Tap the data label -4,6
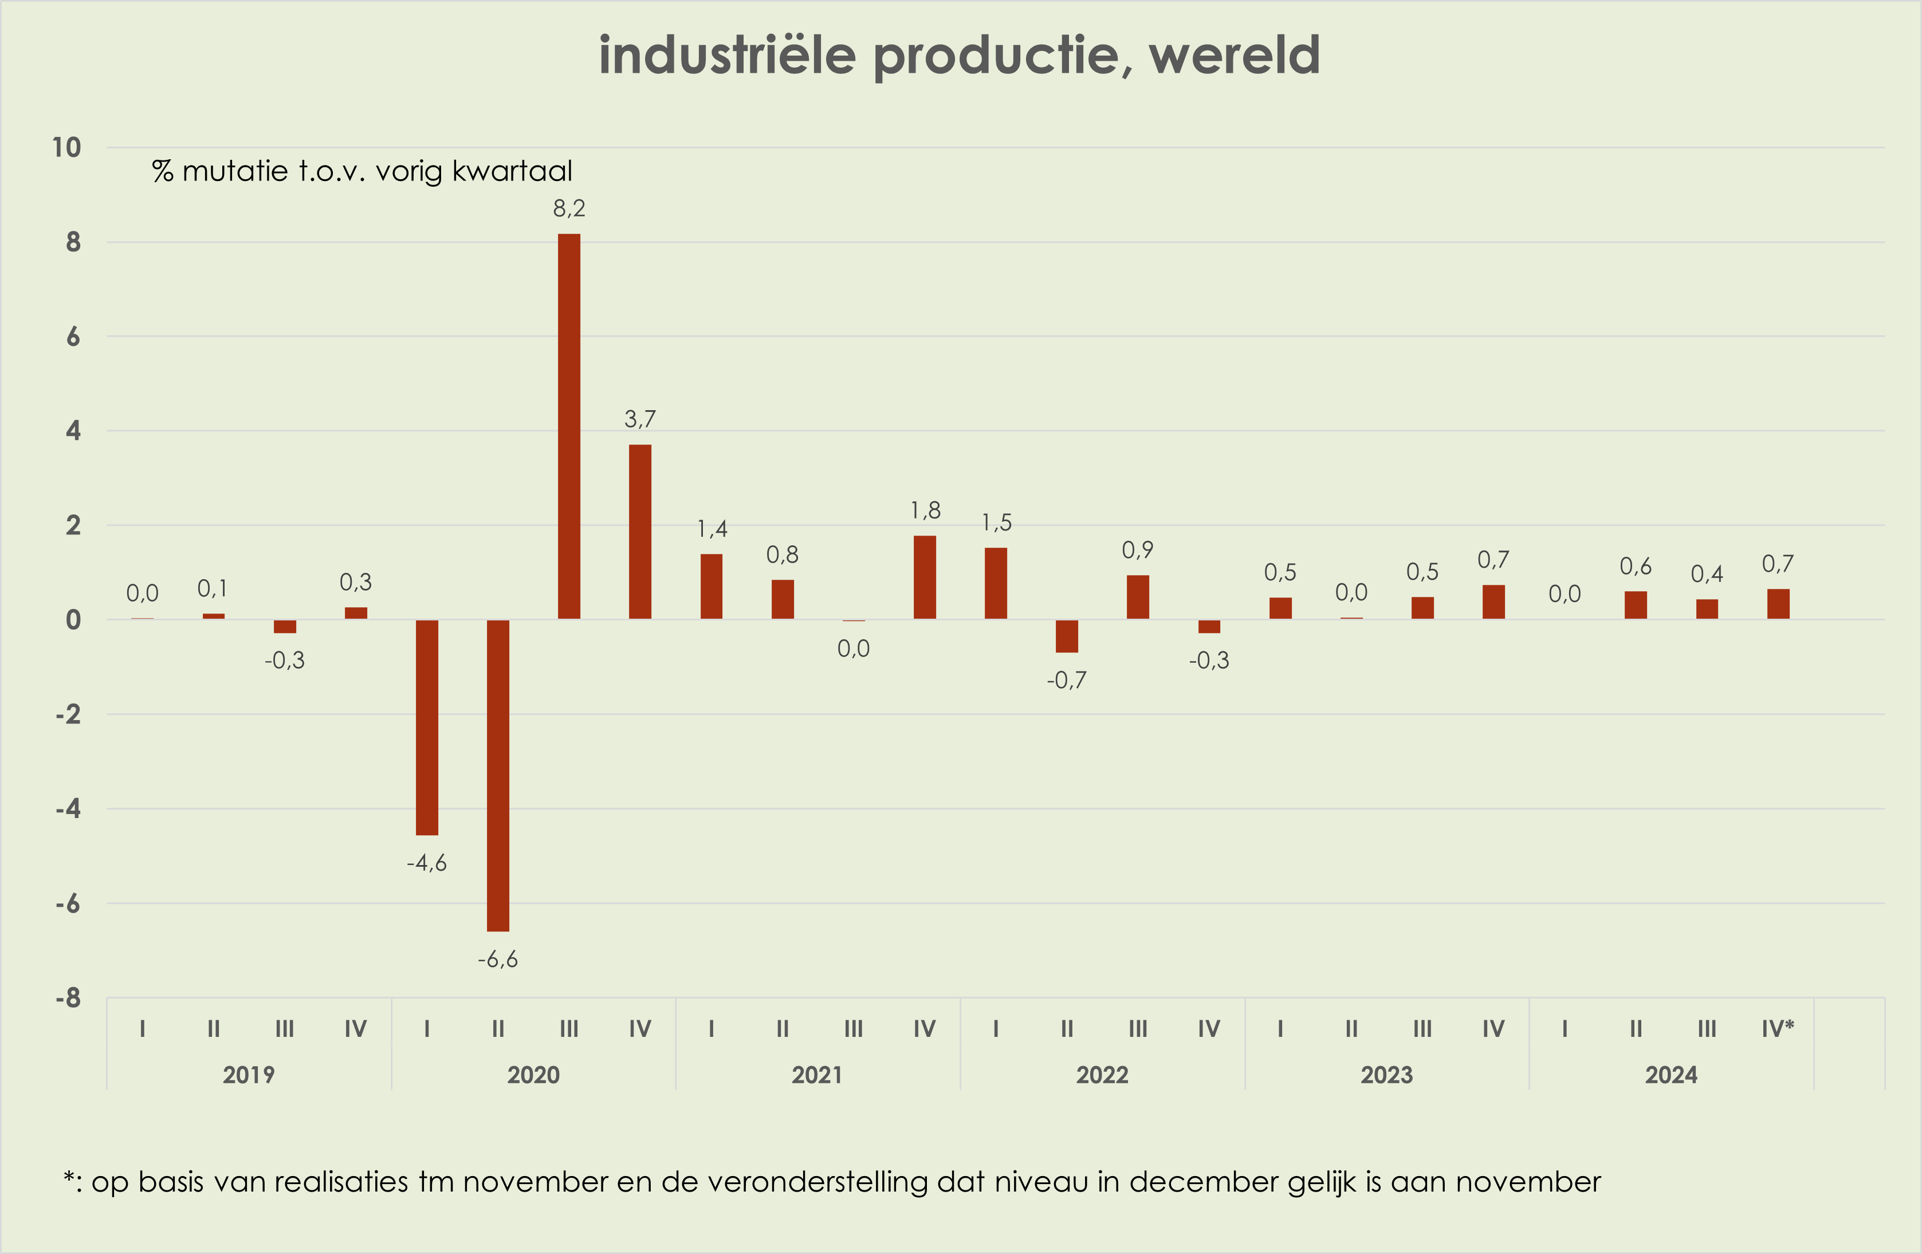[426, 863]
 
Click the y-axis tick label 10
[66, 148]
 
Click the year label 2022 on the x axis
[1102, 1075]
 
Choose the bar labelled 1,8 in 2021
[925, 577]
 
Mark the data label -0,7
[1066, 681]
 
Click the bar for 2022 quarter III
[1137, 597]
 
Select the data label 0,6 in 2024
[1636, 567]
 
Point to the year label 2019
[249, 1075]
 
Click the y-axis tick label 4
[73, 431]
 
